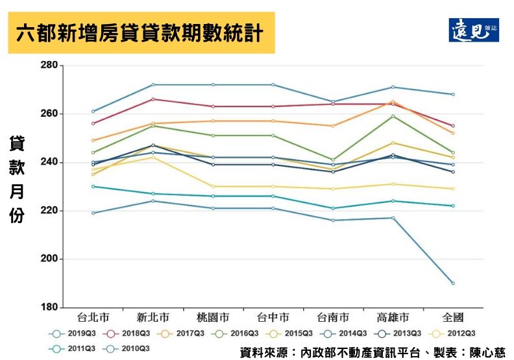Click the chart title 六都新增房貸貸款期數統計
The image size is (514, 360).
pyautogui.click(x=141, y=32)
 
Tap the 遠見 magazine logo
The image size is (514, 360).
pyautogui.click(x=474, y=30)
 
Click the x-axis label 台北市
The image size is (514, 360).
pyautogui.click(x=93, y=318)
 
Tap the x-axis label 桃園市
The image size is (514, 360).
pyautogui.click(x=213, y=318)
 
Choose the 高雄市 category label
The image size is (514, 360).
pyautogui.click(x=393, y=318)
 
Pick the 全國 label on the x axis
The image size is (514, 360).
pyautogui.click(x=453, y=318)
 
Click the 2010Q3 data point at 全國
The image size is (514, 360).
pyautogui.click(x=453, y=283)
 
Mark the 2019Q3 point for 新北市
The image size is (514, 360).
pyautogui.click(x=153, y=84)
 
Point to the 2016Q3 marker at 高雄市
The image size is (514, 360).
pyautogui.click(x=393, y=116)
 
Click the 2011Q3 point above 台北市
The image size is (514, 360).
pyautogui.click(x=93, y=186)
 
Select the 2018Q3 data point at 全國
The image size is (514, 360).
pyautogui.click(x=453, y=126)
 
